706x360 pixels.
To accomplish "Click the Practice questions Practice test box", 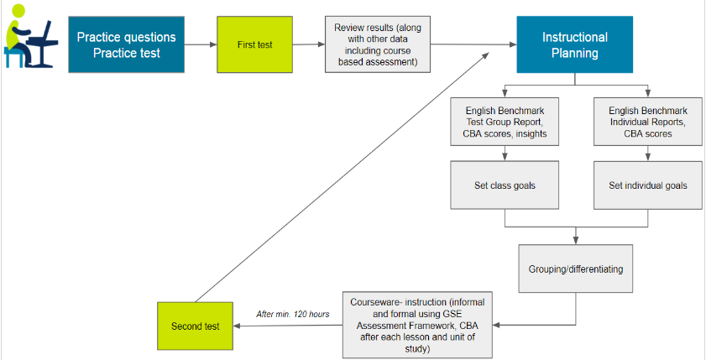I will (x=127, y=45).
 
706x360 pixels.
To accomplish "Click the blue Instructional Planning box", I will (x=574, y=45).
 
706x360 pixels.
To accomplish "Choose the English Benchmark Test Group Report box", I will (x=505, y=122).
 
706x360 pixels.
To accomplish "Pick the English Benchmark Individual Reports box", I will (x=647, y=122).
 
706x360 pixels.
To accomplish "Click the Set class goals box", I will (x=505, y=185).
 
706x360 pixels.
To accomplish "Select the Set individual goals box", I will (x=647, y=185).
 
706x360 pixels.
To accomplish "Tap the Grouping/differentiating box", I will (x=576, y=270).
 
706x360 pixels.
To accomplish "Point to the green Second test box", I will (x=195, y=326).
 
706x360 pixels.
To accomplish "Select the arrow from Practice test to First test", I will (x=201, y=45).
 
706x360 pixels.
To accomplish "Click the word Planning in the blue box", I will (x=574, y=54).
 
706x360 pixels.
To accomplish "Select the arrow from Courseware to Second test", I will (x=285, y=326).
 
